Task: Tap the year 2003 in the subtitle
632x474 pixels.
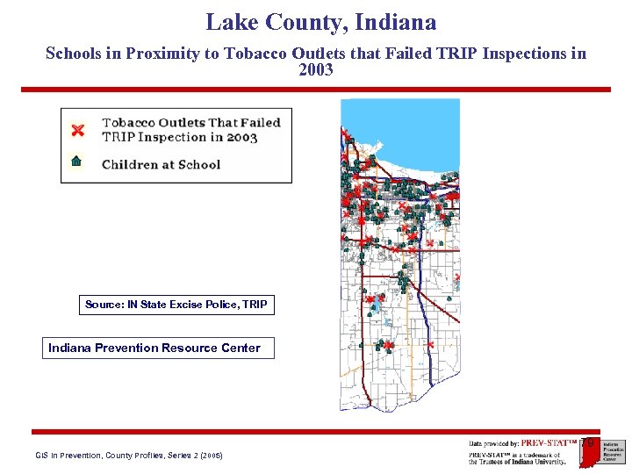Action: pos(316,70)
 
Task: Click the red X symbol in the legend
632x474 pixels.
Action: pos(77,130)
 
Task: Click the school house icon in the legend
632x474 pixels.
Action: pos(76,161)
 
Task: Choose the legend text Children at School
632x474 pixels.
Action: pos(161,164)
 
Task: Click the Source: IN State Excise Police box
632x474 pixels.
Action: pos(176,305)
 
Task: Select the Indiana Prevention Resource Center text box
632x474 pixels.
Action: pos(154,348)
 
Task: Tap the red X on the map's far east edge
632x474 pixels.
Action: pos(456,278)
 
